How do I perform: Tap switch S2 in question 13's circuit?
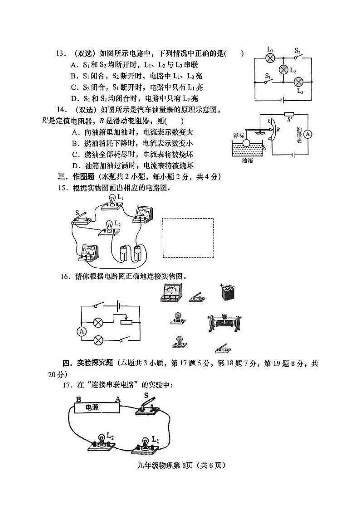[x=298, y=58]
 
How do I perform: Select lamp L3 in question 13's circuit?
[x=299, y=82]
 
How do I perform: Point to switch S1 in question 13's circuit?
[x=269, y=82]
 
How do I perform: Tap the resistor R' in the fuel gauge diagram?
[x=288, y=115]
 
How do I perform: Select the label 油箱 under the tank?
[x=248, y=160]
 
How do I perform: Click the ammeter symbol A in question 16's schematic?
[x=82, y=332]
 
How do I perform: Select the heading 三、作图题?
[x=76, y=176]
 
